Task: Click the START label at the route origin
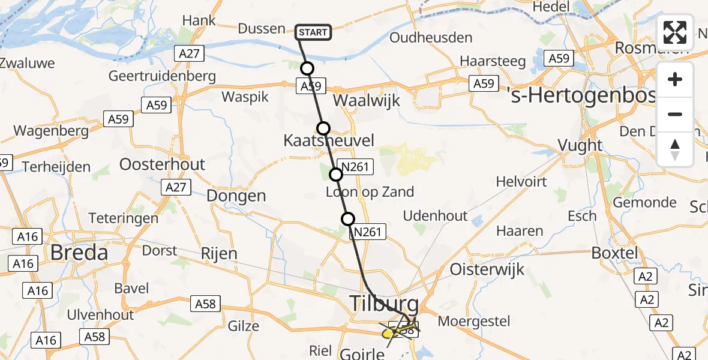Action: (313, 32)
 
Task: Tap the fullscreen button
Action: (675, 32)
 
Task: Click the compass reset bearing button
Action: (675, 149)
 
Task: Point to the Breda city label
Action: (79, 252)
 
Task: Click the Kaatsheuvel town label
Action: (329, 142)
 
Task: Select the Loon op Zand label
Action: (370, 192)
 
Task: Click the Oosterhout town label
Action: (163, 164)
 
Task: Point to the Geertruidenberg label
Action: (161, 76)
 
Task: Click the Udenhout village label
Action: (435, 216)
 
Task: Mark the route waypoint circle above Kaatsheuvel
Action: (323, 128)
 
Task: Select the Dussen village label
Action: (262, 29)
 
